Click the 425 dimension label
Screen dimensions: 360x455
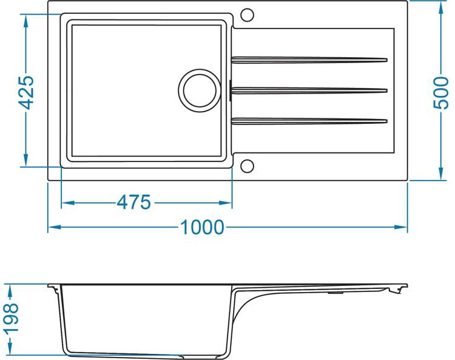tap(25, 92)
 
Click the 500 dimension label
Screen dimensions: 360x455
tap(440, 92)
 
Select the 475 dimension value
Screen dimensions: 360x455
tap(133, 202)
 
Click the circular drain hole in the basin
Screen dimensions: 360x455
tap(198, 89)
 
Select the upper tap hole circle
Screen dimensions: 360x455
tap(248, 15)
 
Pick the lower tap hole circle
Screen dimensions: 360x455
tap(248, 166)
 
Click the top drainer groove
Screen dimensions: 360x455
tap(309, 59)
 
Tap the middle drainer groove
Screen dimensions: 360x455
tap(309, 90)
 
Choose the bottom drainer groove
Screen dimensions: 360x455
tap(309, 121)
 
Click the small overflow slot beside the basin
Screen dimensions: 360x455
tap(231, 90)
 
